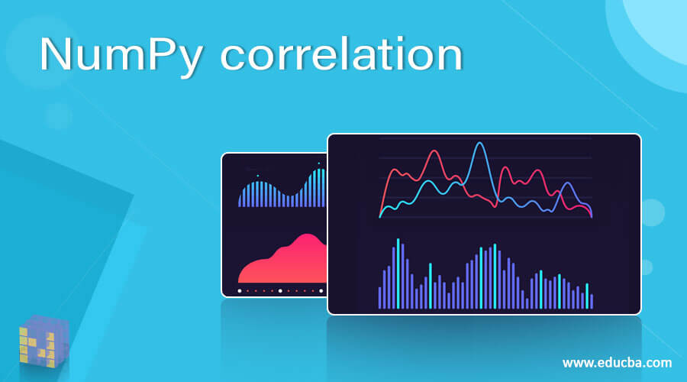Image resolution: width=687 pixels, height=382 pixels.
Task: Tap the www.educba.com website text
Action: pos(617,362)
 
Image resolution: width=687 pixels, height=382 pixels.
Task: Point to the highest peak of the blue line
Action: pos(479,144)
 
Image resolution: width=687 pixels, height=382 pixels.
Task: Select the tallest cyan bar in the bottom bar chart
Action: pos(398,273)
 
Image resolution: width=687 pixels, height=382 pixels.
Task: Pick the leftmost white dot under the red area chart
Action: pos(240,291)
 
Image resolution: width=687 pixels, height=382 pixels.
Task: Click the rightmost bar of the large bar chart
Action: pos(592,301)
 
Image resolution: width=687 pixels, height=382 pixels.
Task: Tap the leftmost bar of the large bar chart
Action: pos(379,297)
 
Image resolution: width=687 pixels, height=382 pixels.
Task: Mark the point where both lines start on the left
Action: pos(380,216)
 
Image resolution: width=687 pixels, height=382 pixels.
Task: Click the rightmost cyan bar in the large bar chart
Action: pos(586,296)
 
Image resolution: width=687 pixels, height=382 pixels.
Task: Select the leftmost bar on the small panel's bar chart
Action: pos(240,200)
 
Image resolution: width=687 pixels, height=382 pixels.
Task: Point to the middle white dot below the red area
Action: pos(280,291)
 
